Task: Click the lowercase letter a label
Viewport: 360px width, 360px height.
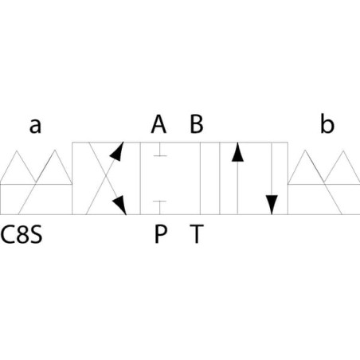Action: click(35, 126)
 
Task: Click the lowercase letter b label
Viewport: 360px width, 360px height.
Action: click(327, 123)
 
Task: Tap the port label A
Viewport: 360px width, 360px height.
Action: click(158, 123)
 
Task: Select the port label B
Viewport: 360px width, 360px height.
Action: click(197, 123)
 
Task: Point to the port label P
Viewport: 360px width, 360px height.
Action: click(161, 233)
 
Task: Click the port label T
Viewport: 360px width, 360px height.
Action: click(197, 233)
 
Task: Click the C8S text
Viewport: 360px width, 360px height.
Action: click(22, 234)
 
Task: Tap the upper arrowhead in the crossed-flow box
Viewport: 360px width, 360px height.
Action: click(117, 151)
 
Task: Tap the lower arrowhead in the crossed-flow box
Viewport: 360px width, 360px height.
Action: click(119, 205)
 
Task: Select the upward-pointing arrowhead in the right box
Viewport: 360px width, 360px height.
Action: click(237, 152)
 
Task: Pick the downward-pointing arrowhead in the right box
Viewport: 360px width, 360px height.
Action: click(272, 205)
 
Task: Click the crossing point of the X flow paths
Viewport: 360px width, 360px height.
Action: click(106, 176)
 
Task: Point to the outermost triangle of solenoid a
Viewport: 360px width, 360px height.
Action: click(17, 167)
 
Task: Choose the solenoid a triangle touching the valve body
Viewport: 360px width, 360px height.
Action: click(55, 167)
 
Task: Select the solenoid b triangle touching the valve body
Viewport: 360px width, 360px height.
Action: click(306, 167)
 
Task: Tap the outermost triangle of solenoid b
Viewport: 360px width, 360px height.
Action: click(343, 167)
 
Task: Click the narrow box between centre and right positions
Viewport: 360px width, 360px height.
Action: click(209, 178)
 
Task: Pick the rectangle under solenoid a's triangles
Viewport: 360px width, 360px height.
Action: click(36, 199)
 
